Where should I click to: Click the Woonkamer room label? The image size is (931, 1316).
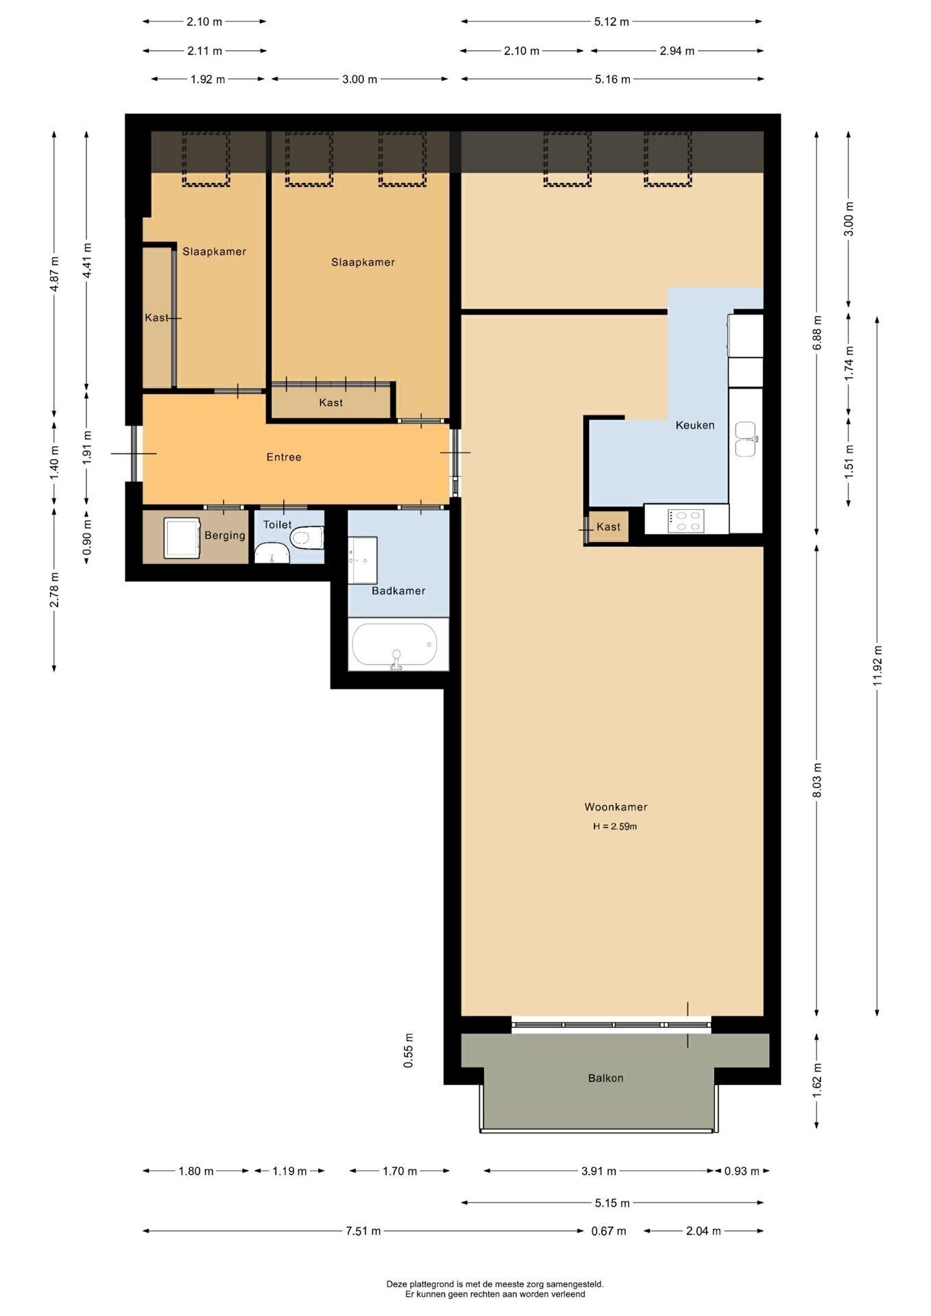pyautogui.click(x=616, y=807)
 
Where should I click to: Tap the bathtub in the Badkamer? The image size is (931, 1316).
pyautogui.click(x=395, y=645)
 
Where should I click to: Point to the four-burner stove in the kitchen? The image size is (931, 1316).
pyautogui.click(x=686, y=520)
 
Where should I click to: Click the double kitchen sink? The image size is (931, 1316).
pyautogui.click(x=745, y=439)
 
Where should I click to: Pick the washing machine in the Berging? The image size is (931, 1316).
pyautogui.click(x=182, y=538)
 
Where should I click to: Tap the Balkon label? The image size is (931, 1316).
pyautogui.click(x=606, y=1077)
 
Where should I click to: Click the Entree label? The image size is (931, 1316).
pyautogui.click(x=284, y=456)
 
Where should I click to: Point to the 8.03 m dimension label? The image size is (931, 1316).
pyautogui.click(x=817, y=780)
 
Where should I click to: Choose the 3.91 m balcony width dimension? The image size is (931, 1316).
pyautogui.click(x=598, y=1171)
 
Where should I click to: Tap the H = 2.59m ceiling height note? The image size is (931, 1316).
pyautogui.click(x=616, y=826)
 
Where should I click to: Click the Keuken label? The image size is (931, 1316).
pyautogui.click(x=695, y=425)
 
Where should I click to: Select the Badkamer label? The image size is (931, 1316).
pyautogui.click(x=398, y=590)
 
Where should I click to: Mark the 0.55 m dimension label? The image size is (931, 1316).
pyautogui.click(x=409, y=1051)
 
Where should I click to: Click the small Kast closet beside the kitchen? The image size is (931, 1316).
pyautogui.click(x=609, y=526)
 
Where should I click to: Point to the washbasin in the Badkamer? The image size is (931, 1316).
pyautogui.click(x=363, y=559)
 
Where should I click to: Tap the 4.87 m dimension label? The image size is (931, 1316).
pyautogui.click(x=54, y=273)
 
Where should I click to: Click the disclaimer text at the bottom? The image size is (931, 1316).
pyautogui.click(x=495, y=1289)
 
